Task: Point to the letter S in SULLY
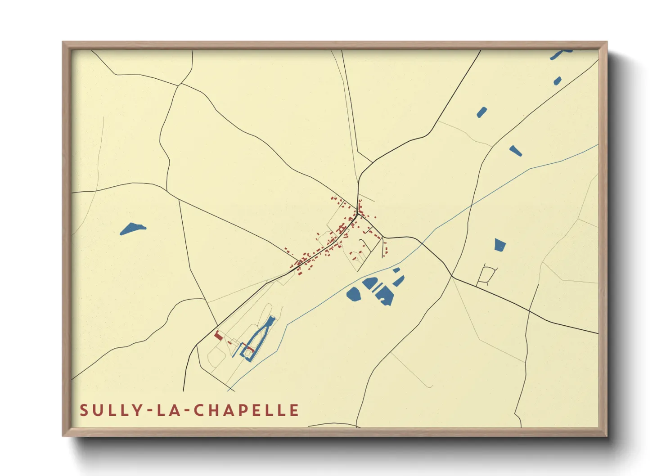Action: click(84, 410)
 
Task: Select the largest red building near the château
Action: click(218, 336)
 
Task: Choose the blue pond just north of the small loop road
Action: click(500, 245)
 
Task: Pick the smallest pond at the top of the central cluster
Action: click(396, 270)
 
